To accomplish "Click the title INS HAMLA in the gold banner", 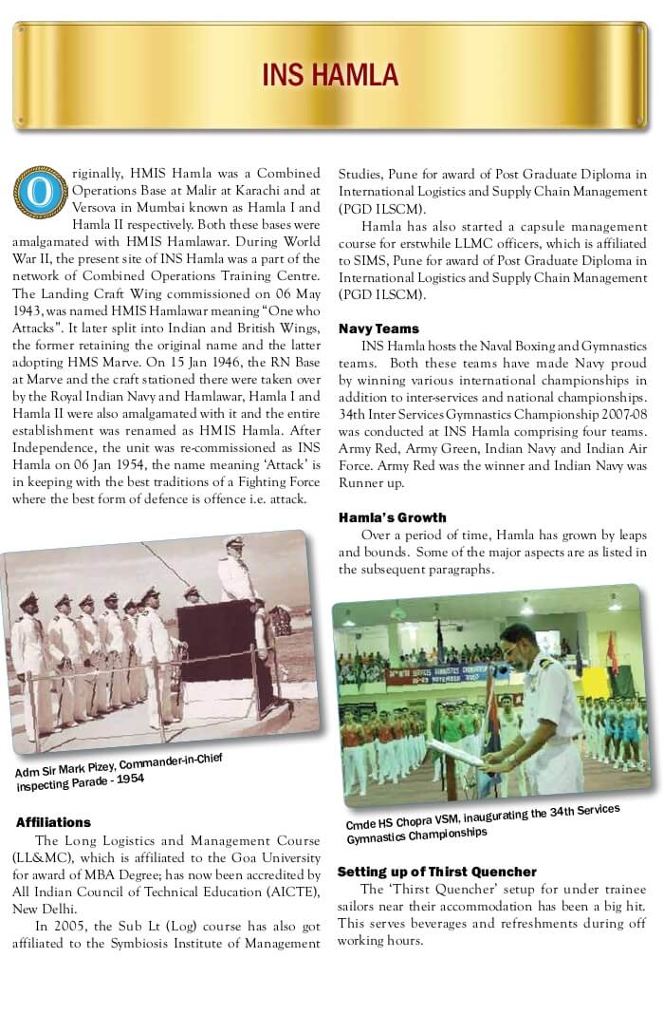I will [x=331, y=74].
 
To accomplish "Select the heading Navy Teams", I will [x=378, y=329].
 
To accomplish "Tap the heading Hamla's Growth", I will [x=392, y=517].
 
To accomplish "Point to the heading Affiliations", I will [x=54, y=822].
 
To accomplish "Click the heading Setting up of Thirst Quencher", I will [x=437, y=872].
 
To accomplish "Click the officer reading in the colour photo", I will [x=542, y=703].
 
